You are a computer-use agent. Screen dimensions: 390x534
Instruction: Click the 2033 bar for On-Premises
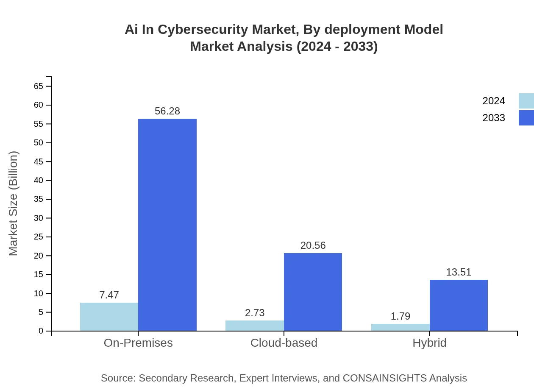(167, 225)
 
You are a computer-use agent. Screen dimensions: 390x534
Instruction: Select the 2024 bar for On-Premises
(109, 317)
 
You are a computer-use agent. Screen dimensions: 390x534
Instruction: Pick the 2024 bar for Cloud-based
(254, 326)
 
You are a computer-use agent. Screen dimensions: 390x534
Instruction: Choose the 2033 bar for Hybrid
(459, 305)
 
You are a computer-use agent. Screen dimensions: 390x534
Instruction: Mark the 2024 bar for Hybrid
(400, 327)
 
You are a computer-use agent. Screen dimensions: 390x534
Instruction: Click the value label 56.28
(167, 111)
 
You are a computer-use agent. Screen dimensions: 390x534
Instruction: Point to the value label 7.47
(109, 295)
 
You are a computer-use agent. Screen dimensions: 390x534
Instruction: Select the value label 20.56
(313, 245)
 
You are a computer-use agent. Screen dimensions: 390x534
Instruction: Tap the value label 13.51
(459, 272)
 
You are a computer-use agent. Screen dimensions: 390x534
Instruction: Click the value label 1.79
(400, 316)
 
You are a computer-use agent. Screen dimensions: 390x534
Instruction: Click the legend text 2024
(494, 101)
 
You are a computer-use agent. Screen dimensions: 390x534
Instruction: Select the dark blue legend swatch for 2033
(526, 118)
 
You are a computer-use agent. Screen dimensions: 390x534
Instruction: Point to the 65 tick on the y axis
(39, 86)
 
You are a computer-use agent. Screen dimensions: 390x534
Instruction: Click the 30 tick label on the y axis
(39, 218)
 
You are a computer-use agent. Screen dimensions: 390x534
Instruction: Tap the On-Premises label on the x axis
(138, 343)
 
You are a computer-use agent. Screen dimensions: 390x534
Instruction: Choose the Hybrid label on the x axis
(429, 343)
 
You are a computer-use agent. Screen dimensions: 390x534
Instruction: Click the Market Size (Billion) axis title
(13, 203)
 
